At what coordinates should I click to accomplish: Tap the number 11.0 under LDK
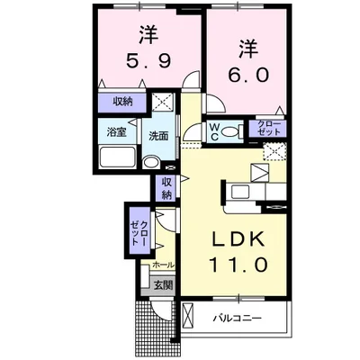239,265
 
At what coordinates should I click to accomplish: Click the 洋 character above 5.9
148,37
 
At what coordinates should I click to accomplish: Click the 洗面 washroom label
158,136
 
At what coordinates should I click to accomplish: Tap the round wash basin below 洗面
151,163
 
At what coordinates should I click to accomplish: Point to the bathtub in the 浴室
117,160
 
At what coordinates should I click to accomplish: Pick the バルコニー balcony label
238,318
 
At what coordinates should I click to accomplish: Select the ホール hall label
163,265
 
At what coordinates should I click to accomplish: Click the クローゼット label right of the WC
270,129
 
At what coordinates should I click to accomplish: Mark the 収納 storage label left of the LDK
166,188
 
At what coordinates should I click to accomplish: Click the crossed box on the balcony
187,317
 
